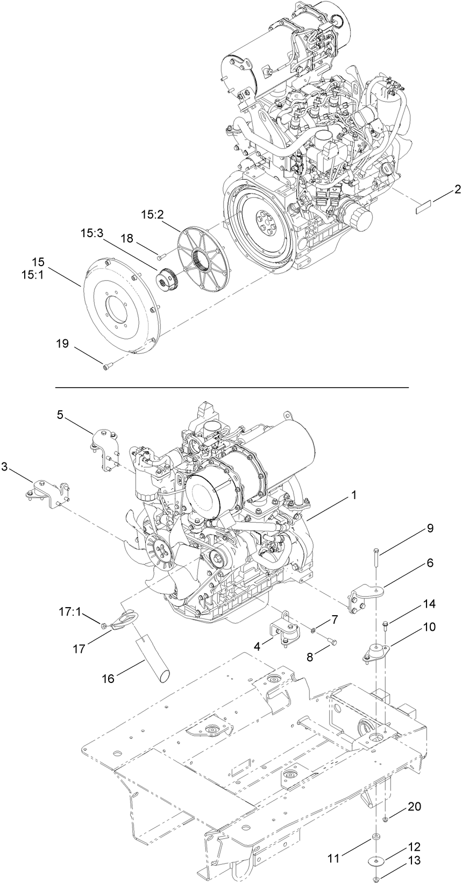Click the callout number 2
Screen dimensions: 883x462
point(457,189)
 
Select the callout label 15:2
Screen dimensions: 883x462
point(152,215)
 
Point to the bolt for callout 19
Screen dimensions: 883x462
point(107,368)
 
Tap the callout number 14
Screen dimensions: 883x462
point(429,604)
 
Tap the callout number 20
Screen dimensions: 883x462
point(414,806)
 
